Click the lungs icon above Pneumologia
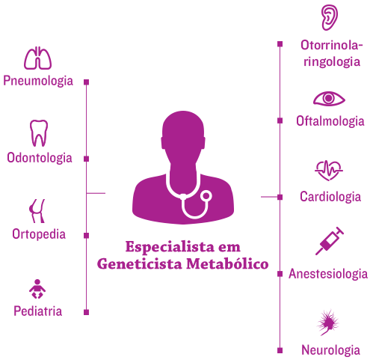tap(37, 58)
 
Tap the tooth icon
tap(39, 133)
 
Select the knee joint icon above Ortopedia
tap(37, 211)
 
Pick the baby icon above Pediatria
tap(37, 289)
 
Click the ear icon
tap(330, 17)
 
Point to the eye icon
tap(329, 99)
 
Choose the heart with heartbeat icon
tap(329, 171)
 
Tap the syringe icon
tap(330, 241)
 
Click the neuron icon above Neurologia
tap(328, 323)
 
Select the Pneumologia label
tap(38, 81)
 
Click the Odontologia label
tap(40, 158)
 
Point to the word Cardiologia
tap(330, 197)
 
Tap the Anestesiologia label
tap(328, 274)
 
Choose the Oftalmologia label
tap(330, 121)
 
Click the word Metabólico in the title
tap(227, 263)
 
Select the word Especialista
tap(170, 247)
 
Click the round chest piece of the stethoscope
tap(206, 196)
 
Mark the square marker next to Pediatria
tap(87, 312)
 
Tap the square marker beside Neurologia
tap(280, 350)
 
